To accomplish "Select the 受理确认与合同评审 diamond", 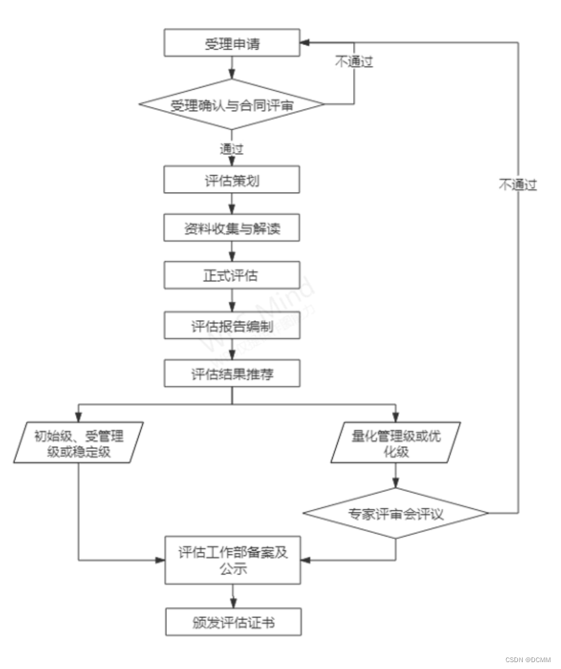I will click(232, 105).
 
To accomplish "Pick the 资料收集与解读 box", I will click(232, 227).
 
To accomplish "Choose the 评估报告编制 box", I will click(232, 325).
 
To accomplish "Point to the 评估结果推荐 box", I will click(232, 373).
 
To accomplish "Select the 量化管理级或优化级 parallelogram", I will click(396, 442).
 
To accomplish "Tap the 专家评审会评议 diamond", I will click(396, 513).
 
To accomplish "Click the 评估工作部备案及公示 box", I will click(232, 560).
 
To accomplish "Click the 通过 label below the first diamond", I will click(232, 147).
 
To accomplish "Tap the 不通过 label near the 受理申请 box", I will click(353, 62).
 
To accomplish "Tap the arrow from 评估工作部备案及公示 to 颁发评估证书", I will click(232, 595).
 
